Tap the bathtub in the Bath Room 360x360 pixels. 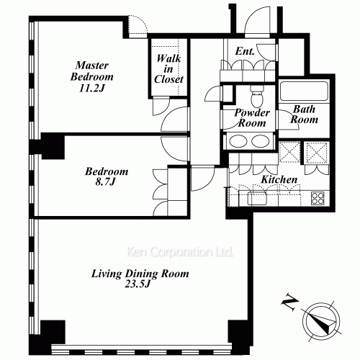coord(304,91)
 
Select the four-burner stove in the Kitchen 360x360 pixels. coord(318,198)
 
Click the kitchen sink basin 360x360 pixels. coord(257,199)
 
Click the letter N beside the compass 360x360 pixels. coord(289,302)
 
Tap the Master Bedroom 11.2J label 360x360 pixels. coord(91,77)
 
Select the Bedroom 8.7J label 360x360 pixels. coord(107,176)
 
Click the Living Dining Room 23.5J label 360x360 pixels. coord(140,279)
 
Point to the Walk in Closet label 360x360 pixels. coord(168,69)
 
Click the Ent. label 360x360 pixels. coord(245,51)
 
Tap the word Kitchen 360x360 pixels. coord(279,179)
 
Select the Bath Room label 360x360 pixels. coord(304,114)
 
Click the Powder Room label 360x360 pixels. coord(252,117)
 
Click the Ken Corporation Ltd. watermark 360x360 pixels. coord(180,252)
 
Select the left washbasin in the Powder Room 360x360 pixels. coord(238,141)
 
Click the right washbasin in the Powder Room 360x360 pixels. coord(260,141)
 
